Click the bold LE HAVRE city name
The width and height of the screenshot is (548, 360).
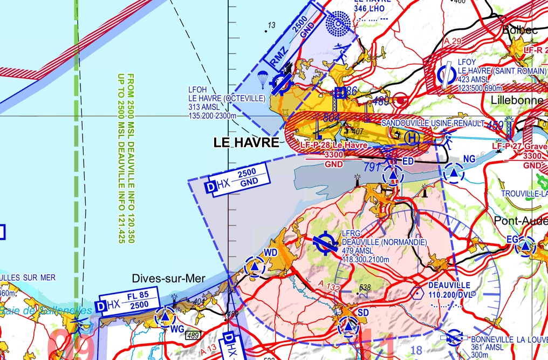(246, 143)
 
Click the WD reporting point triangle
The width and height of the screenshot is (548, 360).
(255, 266)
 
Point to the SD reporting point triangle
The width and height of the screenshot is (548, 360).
(349, 327)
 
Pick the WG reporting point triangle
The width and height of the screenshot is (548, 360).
(165, 318)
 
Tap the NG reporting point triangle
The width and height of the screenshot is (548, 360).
(454, 174)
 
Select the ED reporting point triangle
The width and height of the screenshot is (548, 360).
(393, 175)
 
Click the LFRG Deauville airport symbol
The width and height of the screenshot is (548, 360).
(325, 243)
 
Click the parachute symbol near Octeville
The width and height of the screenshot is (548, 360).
(263, 78)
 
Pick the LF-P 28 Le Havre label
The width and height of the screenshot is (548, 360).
(334, 145)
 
